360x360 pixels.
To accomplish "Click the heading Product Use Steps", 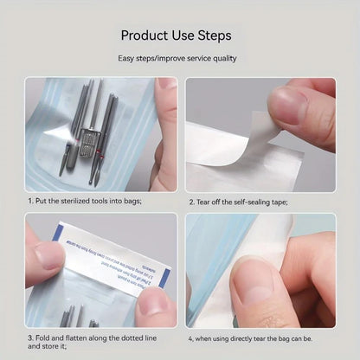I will [x=176, y=36].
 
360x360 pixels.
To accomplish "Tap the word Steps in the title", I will [x=215, y=36].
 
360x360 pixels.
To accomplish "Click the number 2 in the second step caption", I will [x=192, y=202].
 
